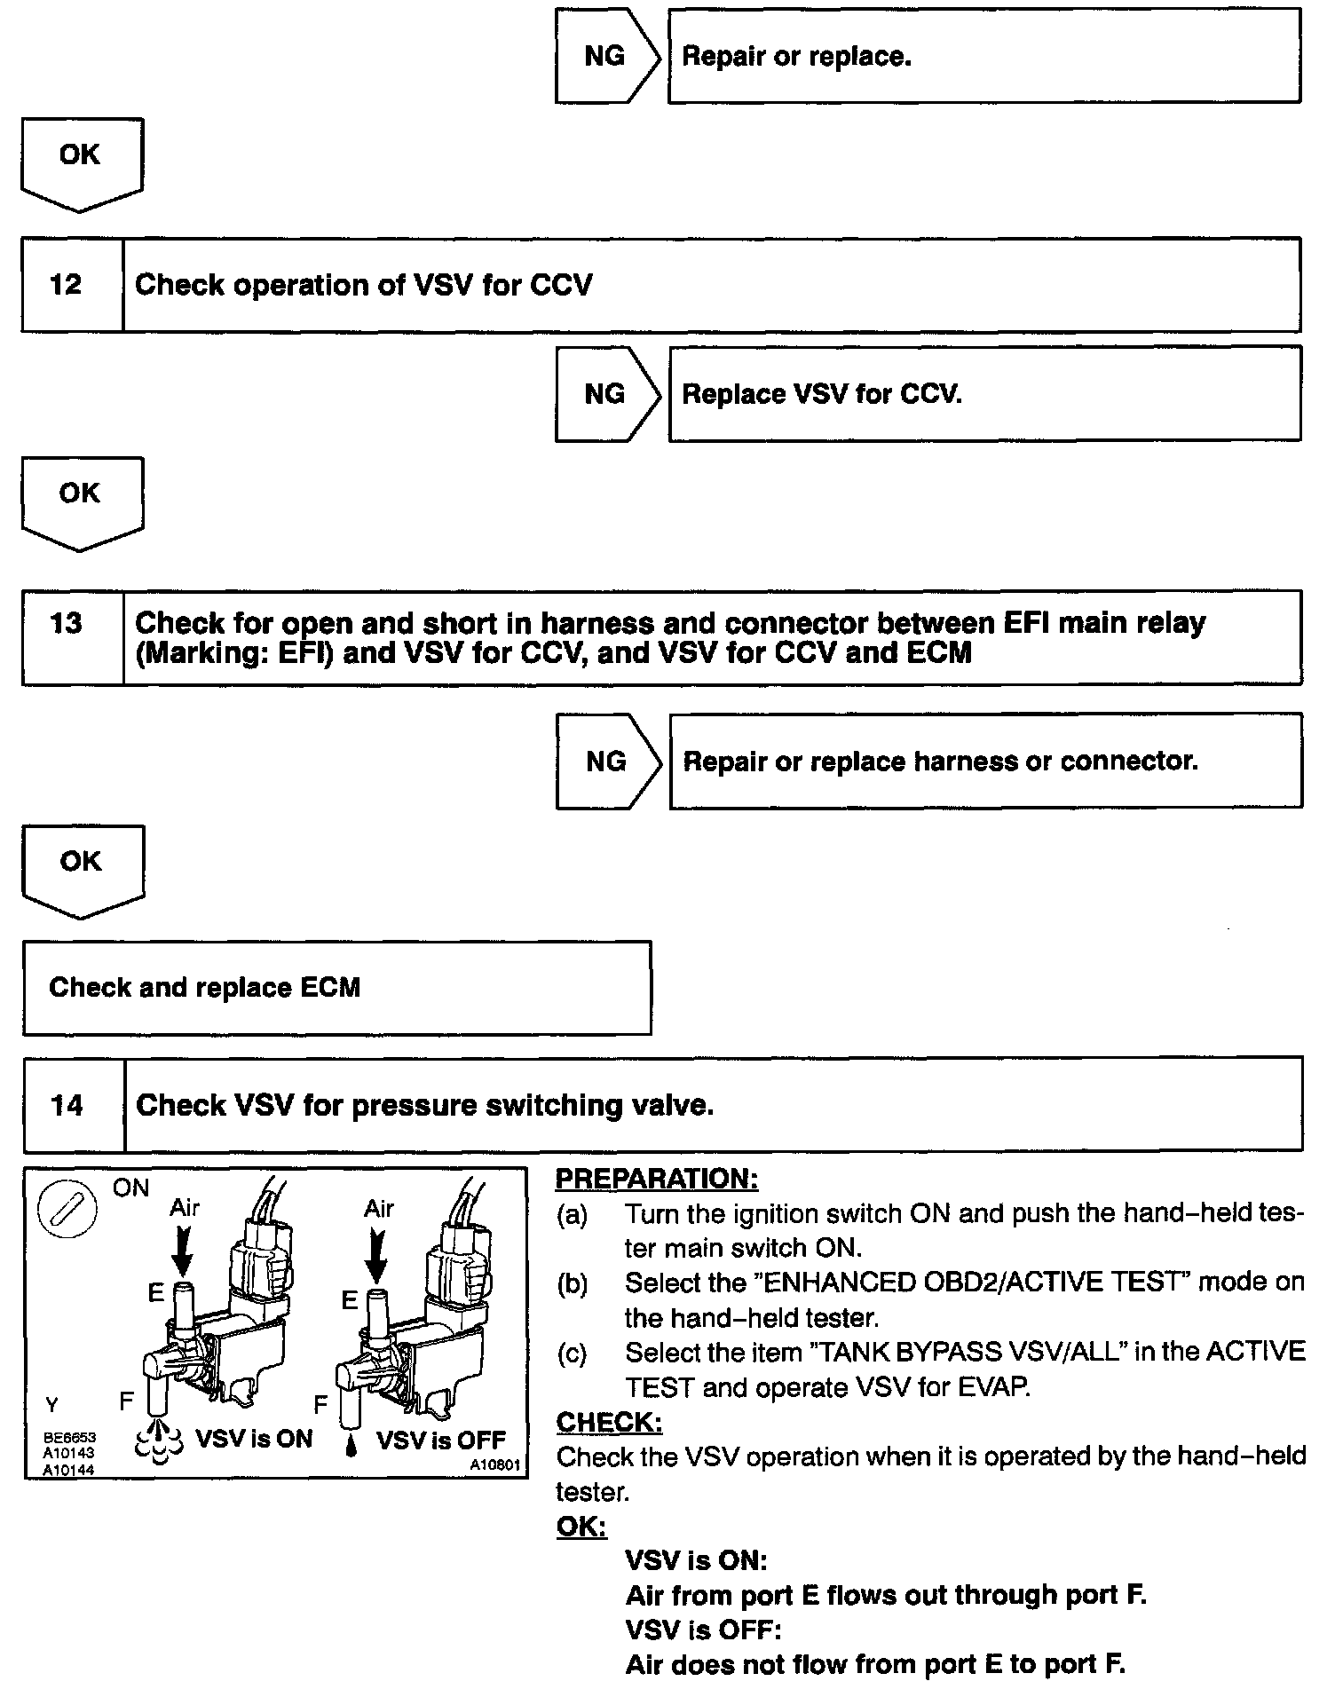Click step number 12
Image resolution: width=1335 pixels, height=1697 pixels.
[67, 285]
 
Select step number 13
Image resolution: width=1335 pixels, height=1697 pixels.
[67, 623]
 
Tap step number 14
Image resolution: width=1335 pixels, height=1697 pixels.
[67, 1105]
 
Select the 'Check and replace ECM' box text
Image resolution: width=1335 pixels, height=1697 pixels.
[205, 988]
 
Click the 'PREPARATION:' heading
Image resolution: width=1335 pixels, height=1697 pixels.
[657, 1180]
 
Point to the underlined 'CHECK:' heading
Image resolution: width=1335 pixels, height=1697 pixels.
[609, 1422]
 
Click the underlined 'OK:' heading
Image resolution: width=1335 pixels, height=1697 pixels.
[581, 1527]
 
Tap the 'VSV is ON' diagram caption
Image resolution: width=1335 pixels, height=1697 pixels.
[254, 1439]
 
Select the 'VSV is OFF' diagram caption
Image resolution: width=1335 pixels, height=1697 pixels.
[440, 1440]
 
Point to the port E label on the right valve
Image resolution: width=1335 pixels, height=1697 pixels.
[350, 1301]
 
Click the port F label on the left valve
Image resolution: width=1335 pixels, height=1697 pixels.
[127, 1401]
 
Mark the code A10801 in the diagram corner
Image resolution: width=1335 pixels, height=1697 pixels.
[494, 1465]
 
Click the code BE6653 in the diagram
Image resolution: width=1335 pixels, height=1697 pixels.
[69, 1437]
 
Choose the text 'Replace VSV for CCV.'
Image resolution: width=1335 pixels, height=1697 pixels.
[821, 394]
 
